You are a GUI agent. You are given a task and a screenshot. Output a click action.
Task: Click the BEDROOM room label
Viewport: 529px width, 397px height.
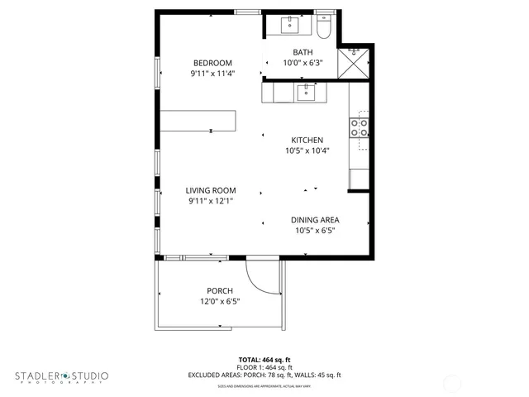click(x=212, y=63)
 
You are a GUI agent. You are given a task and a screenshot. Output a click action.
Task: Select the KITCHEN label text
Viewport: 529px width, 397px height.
click(x=307, y=140)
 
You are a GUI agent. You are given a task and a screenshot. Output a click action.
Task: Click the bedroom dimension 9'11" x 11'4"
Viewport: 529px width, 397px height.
click(x=212, y=73)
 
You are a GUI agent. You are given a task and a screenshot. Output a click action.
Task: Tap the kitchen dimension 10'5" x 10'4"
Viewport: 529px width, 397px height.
click(x=307, y=151)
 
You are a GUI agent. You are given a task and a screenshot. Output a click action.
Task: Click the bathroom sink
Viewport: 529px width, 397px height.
click(x=290, y=25)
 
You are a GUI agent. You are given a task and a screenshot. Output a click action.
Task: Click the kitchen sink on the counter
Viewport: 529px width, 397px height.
click(x=305, y=92)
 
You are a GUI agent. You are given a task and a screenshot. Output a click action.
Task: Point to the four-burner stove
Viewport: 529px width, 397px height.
click(x=360, y=127)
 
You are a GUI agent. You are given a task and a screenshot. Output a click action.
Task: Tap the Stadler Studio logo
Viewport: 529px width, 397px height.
click(x=61, y=377)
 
